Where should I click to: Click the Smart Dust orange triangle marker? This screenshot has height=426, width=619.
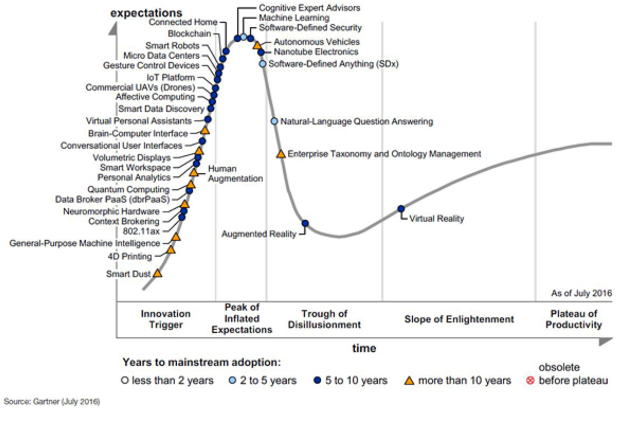click(x=158, y=273)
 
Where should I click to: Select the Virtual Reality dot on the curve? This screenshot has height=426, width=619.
click(x=401, y=209)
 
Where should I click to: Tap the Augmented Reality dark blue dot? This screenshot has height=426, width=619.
click(x=305, y=223)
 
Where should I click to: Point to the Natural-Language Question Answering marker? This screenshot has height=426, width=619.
click(x=274, y=122)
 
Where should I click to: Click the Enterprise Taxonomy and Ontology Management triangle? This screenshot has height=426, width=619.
click(x=280, y=154)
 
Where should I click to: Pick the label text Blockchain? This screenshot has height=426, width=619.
click(x=189, y=34)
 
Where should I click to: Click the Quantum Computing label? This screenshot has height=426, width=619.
click(x=128, y=190)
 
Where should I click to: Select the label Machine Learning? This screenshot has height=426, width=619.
click(x=294, y=18)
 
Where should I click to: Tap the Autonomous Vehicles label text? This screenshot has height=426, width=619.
click(x=317, y=42)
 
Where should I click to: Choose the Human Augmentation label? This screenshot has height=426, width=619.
click(x=235, y=174)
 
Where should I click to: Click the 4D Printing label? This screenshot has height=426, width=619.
click(x=130, y=257)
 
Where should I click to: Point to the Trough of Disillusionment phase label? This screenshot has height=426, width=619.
click(x=325, y=319)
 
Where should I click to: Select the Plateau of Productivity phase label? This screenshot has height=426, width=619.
click(x=574, y=319)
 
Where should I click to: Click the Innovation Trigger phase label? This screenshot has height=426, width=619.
click(x=166, y=319)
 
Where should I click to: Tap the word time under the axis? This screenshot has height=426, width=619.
click(x=364, y=348)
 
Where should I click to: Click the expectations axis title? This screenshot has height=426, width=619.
click(x=146, y=13)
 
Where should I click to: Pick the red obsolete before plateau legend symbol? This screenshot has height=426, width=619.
click(x=530, y=380)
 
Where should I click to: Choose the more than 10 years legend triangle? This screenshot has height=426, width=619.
click(x=409, y=380)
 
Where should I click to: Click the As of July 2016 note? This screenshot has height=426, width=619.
click(x=581, y=293)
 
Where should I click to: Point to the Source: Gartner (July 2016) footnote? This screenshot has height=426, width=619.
click(x=52, y=402)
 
